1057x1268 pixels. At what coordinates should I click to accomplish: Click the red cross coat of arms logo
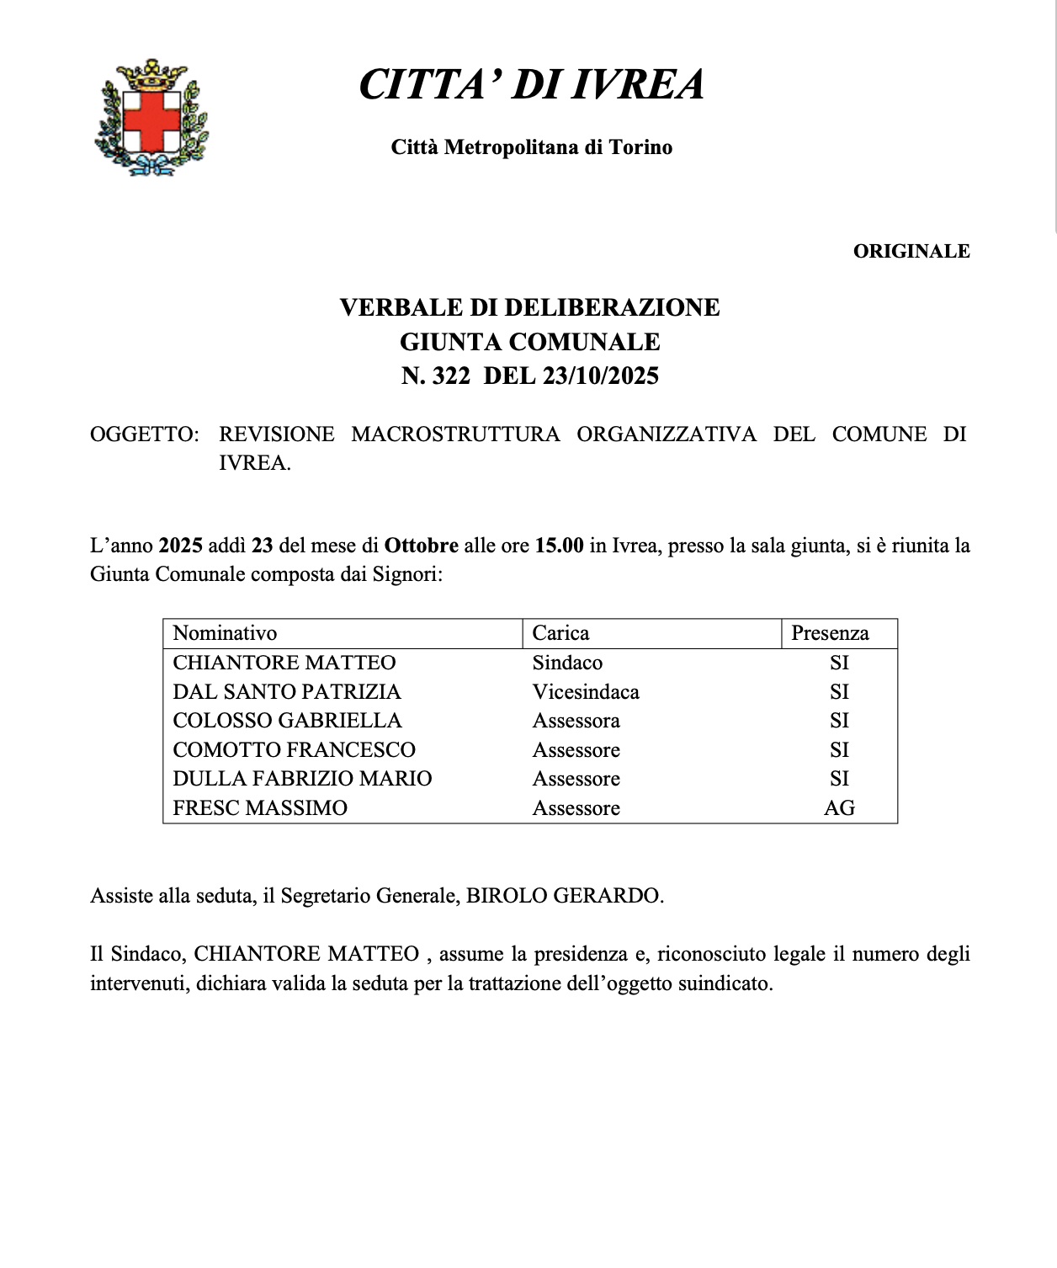pos(152,117)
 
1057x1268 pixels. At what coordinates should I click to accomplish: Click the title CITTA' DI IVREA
pos(531,84)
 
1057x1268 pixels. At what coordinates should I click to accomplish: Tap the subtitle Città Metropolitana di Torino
pos(531,147)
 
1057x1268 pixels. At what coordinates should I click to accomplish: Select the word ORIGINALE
pos(911,251)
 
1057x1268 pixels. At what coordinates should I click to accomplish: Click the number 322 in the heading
pos(451,376)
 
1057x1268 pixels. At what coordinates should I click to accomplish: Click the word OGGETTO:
pos(144,434)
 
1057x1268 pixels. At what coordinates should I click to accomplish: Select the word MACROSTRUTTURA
pos(455,434)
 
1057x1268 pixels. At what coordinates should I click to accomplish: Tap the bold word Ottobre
pos(422,546)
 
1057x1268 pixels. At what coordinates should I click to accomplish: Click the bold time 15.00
pos(559,546)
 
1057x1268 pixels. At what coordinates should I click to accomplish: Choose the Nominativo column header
pos(225,633)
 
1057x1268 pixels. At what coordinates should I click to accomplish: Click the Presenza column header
pos(830,633)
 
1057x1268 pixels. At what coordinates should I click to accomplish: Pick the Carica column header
pos(560,633)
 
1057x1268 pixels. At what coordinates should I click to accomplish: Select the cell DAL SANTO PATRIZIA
pos(287,692)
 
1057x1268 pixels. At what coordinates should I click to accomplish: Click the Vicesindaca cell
pos(586,692)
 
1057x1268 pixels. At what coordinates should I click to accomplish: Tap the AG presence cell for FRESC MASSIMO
pos(839,808)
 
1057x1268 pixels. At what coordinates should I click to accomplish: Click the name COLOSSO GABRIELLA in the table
pos(287,721)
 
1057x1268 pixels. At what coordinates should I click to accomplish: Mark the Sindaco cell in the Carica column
pos(567,663)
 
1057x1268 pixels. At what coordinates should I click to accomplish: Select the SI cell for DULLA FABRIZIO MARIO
pos(839,779)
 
